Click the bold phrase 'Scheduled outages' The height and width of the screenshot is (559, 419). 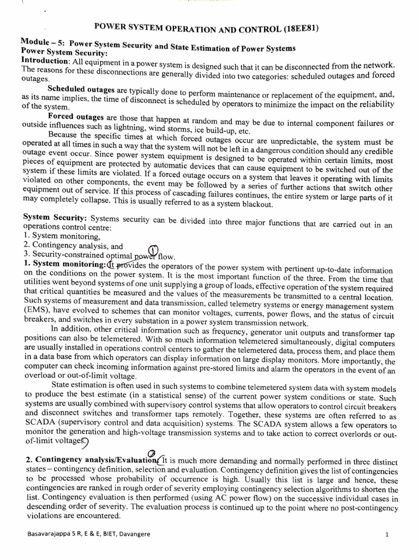81,88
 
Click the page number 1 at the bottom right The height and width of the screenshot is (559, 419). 386,534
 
